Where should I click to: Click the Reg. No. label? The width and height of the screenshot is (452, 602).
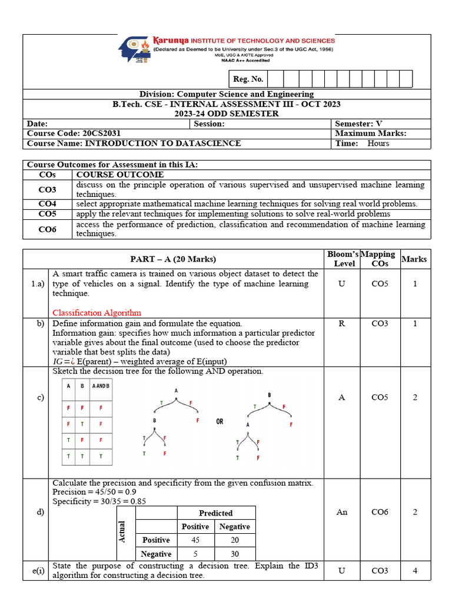coord(248,79)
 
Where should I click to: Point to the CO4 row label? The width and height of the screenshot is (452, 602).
coord(47,204)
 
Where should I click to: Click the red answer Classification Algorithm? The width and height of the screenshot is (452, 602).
coord(97,312)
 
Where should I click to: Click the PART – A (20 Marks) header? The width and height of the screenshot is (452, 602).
coord(173,259)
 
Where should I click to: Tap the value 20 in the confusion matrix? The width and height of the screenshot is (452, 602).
coord(235,540)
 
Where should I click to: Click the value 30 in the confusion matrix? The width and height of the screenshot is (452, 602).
coord(235,554)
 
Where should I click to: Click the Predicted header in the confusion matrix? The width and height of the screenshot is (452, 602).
coord(215,513)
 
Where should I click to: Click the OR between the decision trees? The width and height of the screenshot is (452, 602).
coord(220,422)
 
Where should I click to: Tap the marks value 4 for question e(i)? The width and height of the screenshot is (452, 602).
coord(414,570)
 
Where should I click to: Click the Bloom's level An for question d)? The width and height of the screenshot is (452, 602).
coord(342,512)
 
